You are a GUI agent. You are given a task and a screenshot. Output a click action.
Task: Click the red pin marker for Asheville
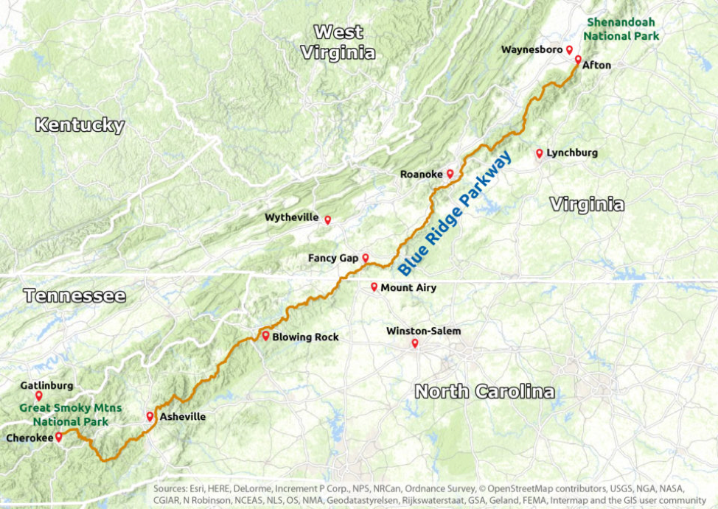tap(150, 416)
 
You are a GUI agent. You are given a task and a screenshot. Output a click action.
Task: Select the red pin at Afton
tap(578, 59)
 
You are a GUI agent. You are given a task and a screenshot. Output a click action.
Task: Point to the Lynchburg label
tap(572, 153)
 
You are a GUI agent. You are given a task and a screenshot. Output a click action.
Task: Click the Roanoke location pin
tap(450, 174)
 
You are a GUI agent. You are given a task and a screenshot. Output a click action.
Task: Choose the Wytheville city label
tap(292, 218)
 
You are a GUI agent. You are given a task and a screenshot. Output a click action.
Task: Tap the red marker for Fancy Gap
tap(365, 258)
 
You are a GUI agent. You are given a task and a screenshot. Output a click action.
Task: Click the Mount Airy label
tap(408, 288)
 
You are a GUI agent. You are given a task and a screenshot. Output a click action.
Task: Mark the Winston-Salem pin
tap(415, 343)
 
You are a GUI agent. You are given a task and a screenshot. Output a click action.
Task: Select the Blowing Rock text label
tap(305, 337)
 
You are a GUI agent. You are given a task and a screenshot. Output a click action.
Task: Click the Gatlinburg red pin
tap(38, 396)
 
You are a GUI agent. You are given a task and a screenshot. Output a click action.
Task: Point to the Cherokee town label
tap(29, 438)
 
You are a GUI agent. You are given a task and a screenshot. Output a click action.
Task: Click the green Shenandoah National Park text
tap(618, 29)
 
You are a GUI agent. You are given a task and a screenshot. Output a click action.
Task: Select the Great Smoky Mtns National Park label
tap(71, 415)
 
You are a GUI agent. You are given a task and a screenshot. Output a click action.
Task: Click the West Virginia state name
tap(338, 42)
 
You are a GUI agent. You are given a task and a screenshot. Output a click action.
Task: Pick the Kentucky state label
tap(80, 125)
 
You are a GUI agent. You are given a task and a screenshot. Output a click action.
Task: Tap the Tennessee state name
tap(74, 296)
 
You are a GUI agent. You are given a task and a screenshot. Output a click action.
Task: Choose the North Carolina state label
tap(484, 391)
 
